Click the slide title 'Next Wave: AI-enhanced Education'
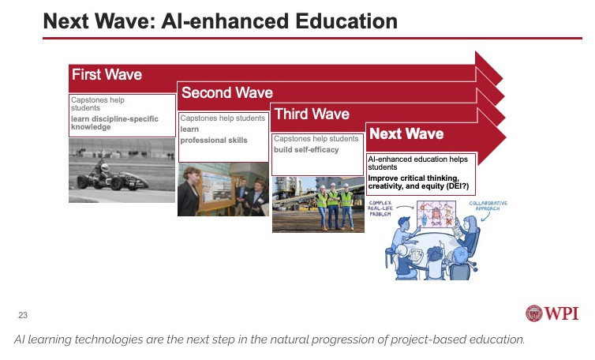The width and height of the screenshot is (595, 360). [220, 21]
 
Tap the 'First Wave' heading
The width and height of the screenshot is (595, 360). [107, 74]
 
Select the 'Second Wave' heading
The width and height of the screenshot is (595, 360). [227, 92]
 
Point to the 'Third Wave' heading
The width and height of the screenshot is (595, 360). [312, 114]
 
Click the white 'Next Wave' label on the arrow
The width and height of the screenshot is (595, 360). [406, 133]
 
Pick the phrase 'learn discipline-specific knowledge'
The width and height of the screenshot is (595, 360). [114, 122]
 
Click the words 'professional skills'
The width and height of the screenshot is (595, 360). [214, 140]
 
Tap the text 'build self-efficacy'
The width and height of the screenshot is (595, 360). [306, 150]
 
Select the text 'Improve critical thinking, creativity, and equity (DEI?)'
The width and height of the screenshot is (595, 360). [418, 182]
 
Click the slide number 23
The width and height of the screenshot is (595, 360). [23, 315]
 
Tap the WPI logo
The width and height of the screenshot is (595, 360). [552, 313]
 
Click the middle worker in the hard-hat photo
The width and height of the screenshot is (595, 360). [333, 206]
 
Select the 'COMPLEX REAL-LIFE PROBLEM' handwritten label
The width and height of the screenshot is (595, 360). [380, 208]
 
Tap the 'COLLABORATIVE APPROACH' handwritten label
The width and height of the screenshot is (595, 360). [488, 206]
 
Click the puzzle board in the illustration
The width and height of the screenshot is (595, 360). [436, 214]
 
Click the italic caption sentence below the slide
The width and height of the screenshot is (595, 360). [269, 339]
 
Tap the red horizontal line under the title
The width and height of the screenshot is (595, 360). [312, 38]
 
